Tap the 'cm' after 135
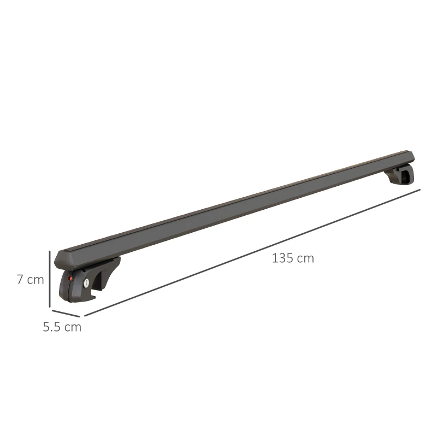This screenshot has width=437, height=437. tap(306, 258)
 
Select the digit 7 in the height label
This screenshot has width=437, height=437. tap(20, 279)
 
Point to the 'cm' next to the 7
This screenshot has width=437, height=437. tap(36, 280)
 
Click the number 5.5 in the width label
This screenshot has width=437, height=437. tap(53, 327)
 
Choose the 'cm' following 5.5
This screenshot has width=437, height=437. tap(73, 328)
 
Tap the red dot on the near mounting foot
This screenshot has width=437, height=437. tap(71, 280)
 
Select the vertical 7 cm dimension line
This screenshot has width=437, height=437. tap(50, 279)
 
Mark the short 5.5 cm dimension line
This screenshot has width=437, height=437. tap(66, 311)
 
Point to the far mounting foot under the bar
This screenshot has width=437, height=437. tap(400, 176)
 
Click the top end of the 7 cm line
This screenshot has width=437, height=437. tap(50, 251)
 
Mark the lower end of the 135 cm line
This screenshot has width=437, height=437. tap(85, 316)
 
